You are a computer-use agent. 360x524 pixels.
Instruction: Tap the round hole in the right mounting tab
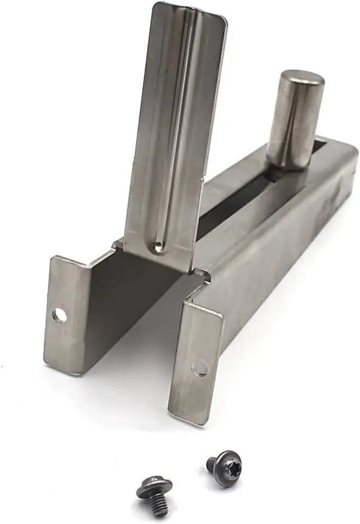click(x=199, y=368)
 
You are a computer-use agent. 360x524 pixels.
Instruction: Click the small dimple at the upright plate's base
click(x=159, y=245)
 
